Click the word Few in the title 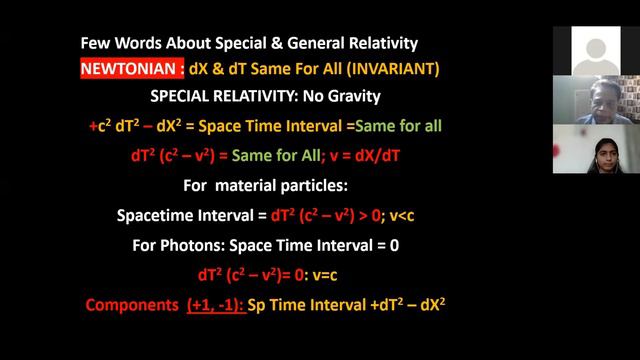pos(99,43)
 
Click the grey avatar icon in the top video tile pos(595,48)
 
